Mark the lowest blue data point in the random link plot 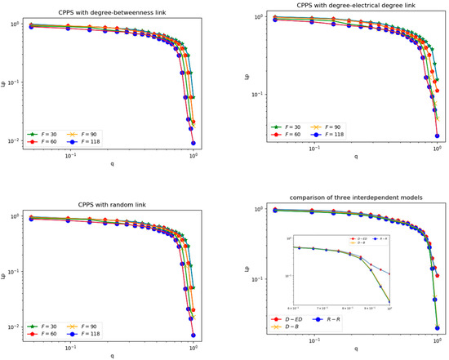pyautogui.click(x=193, y=335)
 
